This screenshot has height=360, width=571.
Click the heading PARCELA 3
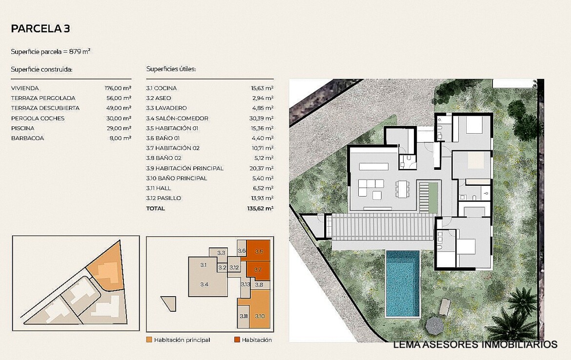coord(41,29)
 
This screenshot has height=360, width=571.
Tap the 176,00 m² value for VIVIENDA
coord(118,88)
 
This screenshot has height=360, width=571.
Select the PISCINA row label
coord(22,128)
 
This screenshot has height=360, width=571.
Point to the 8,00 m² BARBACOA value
coord(120,139)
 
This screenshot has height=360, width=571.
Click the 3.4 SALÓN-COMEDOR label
coord(177,119)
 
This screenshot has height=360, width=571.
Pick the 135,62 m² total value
coord(260,209)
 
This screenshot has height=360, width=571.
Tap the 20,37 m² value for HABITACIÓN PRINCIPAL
coord(262,168)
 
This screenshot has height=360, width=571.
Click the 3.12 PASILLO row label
coord(163,199)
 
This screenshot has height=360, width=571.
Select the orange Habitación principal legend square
coord(149,340)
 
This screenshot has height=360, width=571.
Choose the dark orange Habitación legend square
coord(237,340)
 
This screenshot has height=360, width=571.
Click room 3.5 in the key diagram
coord(259,250)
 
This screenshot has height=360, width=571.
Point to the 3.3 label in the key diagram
coord(221,253)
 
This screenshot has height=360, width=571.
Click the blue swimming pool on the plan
coord(403,283)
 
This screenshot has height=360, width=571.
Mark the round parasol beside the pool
coord(433,325)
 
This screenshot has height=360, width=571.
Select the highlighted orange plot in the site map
coord(106,267)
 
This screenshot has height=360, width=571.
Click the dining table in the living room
coord(403,189)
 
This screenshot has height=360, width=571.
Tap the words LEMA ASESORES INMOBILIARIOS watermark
coord(475,344)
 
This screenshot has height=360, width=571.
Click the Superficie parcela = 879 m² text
coord(51,52)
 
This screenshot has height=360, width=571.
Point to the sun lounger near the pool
coord(445,307)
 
